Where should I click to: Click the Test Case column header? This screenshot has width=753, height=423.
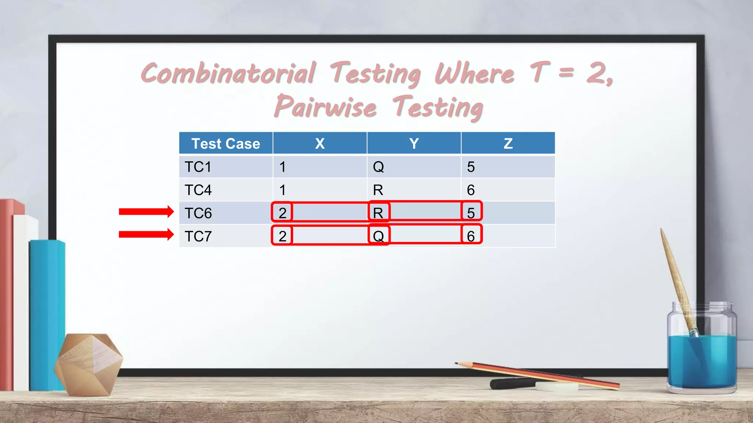click(x=225, y=144)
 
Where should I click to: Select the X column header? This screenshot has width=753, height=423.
click(x=320, y=144)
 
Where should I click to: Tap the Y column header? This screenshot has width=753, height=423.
click(x=414, y=144)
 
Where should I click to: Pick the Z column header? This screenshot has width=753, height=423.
click(x=508, y=144)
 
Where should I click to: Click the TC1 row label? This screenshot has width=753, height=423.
click(x=198, y=167)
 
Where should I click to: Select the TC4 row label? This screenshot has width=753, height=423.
click(x=198, y=190)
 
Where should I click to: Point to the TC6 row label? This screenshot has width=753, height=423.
click(x=198, y=213)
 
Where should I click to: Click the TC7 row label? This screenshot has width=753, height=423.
click(x=198, y=236)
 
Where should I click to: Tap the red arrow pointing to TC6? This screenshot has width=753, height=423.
click(x=146, y=211)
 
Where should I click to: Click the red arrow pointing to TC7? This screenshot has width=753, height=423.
click(x=146, y=234)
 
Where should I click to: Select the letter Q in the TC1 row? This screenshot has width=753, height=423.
click(x=378, y=167)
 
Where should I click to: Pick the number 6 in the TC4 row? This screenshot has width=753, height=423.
click(x=471, y=190)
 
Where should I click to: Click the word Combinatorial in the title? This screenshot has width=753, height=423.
click(x=228, y=73)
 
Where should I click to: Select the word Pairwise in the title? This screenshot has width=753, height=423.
click(x=325, y=107)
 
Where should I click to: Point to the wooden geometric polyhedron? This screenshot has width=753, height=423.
click(x=88, y=364)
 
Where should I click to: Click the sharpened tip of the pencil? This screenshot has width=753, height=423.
click(x=457, y=364)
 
